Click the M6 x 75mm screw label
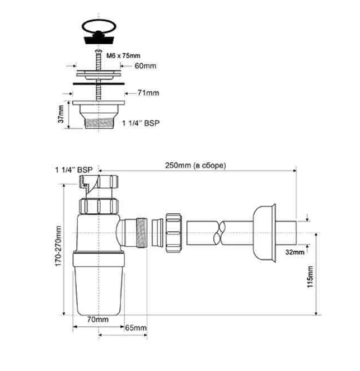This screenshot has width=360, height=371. [123, 55]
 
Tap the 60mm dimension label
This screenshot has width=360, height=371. [146, 66]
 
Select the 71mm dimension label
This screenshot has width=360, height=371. [148, 93]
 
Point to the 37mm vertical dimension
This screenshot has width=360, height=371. [61, 114]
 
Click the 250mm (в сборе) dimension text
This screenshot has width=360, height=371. [195, 166]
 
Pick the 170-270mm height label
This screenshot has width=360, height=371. [58, 246]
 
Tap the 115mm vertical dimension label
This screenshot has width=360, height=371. [310, 277]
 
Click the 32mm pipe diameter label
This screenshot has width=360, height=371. [294, 252]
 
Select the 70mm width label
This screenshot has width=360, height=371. [98, 320]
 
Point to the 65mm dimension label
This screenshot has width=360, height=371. [135, 328]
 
